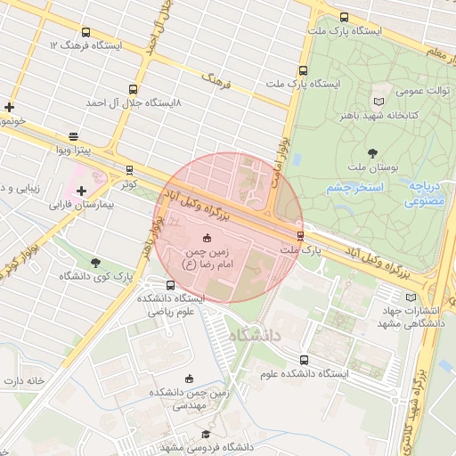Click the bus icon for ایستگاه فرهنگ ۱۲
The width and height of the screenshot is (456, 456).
click(x=85, y=33)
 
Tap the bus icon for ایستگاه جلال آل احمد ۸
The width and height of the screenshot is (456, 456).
click(x=133, y=89)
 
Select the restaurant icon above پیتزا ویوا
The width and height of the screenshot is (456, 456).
click(x=73, y=135)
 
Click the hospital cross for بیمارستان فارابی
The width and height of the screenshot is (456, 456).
click(x=82, y=191)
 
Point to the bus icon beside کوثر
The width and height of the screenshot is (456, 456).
click(x=130, y=169)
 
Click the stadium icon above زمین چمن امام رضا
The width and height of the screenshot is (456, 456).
click(x=207, y=237)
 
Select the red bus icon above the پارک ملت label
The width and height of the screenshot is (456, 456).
click(x=300, y=235)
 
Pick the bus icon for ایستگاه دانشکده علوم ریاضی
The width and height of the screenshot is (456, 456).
click(x=170, y=285)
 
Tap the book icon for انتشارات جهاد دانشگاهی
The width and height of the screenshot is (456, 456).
click(x=410, y=297)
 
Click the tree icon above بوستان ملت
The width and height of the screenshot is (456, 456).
click(x=372, y=152)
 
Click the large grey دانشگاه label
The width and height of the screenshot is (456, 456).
click(x=256, y=336)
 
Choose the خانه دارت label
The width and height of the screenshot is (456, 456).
click(x=25, y=380)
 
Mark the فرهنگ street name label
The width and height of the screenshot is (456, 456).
click(x=216, y=84)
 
